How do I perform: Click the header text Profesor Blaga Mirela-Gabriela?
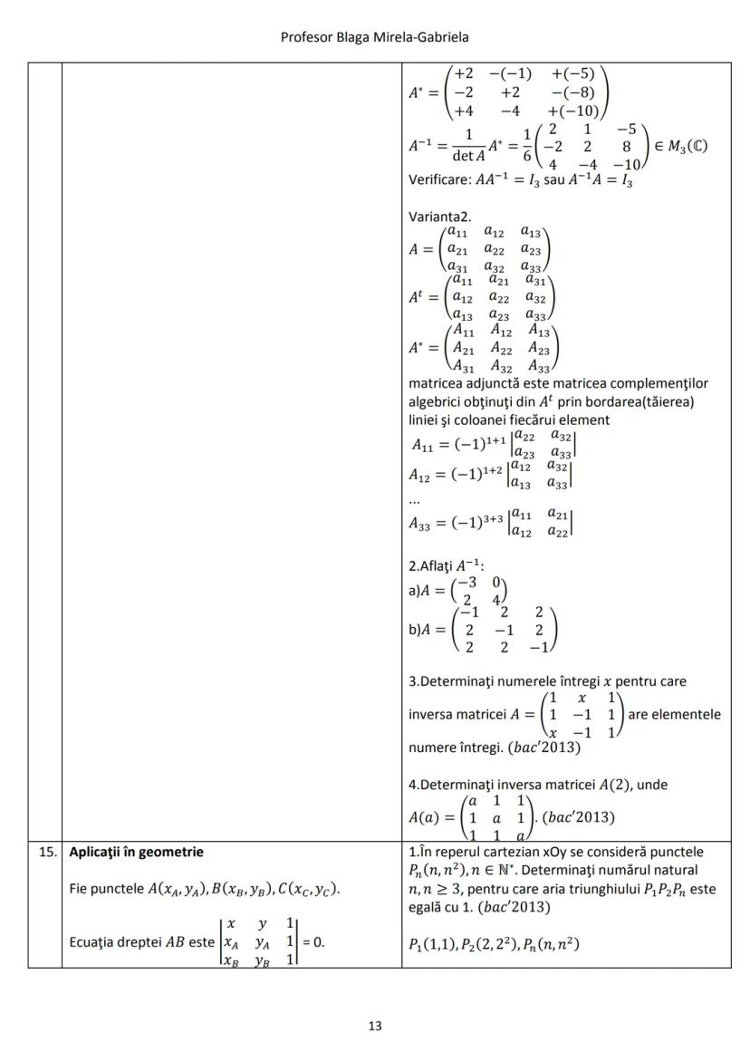(374, 36)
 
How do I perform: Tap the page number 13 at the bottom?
(375, 1026)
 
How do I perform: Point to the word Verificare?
(439, 180)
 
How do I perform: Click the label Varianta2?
(440, 218)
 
